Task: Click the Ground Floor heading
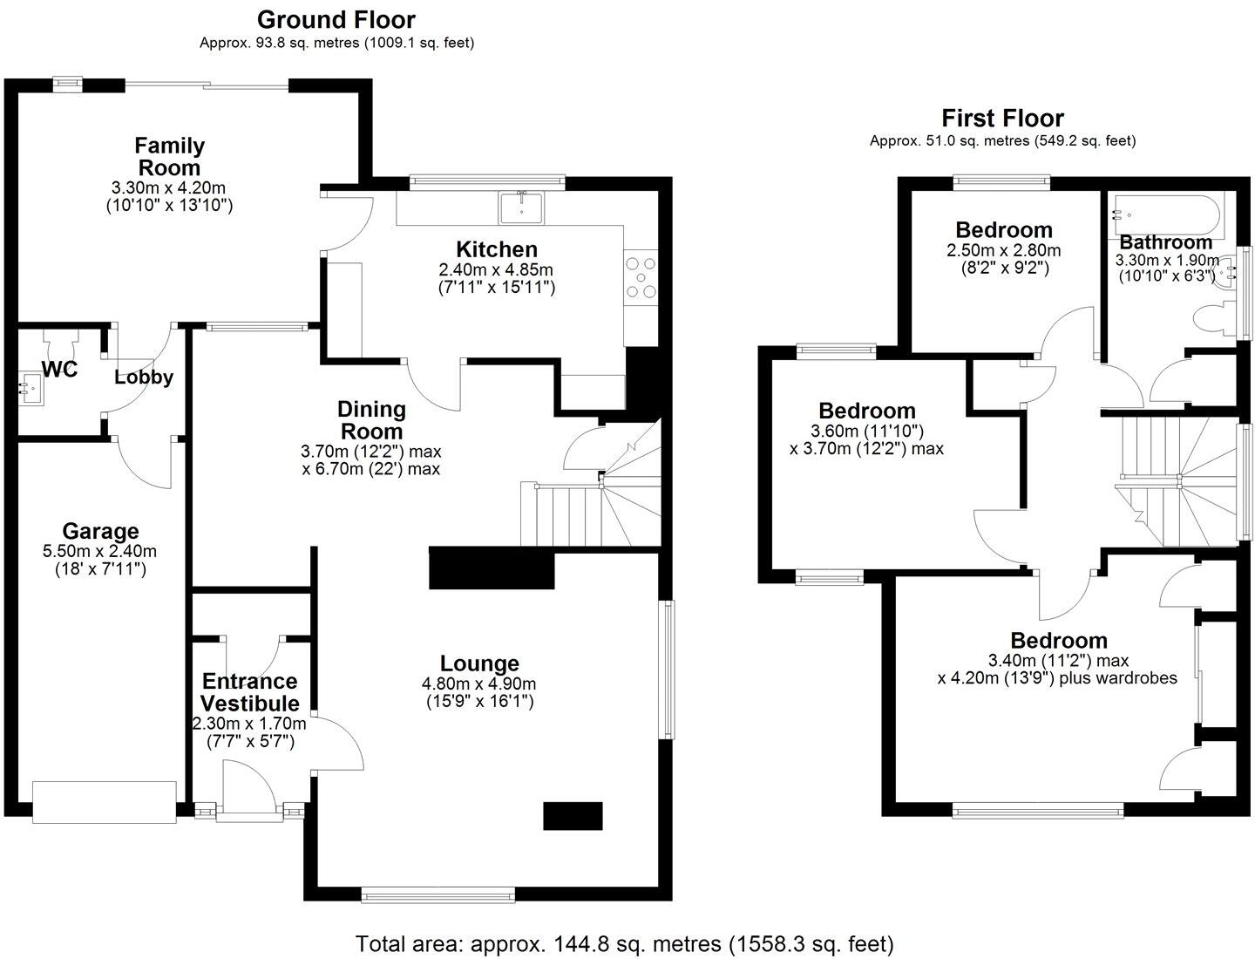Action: (x=336, y=19)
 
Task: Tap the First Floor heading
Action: (x=1002, y=118)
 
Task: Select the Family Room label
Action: (x=169, y=157)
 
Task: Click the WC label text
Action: (x=60, y=370)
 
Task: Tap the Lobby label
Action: (x=144, y=377)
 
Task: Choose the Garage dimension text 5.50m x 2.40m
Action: (x=100, y=551)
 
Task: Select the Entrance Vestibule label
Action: (x=250, y=692)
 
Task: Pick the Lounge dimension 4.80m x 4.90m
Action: (x=479, y=684)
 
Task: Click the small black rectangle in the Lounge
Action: (x=573, y=816)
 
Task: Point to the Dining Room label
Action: (x=372, y=420)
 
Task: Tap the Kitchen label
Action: (x=496, y=249)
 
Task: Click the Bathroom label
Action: (x=1165, y=241)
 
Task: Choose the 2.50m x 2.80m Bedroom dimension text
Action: (x=1004, y=250)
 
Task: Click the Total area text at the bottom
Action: (x=625, y=943)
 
